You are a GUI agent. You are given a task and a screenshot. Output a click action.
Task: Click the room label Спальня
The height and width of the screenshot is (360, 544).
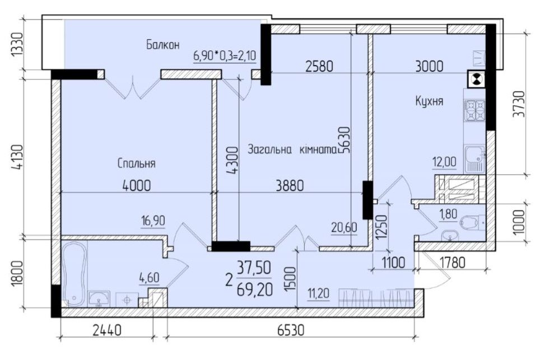pyautogui.click(x=136, y=163)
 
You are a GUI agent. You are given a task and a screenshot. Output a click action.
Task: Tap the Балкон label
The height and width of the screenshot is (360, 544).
pyautogui.click(x=163, y=45)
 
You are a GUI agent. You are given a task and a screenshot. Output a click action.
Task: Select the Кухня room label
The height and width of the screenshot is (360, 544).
pyautogui.click(x=429, y=101)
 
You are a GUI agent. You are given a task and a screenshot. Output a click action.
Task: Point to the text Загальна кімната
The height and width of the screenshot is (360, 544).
pyautogui.click(x=291, y=149)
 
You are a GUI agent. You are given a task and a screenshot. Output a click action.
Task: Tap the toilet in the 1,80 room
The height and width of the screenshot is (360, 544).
pyautogui.click(x=469, y=223)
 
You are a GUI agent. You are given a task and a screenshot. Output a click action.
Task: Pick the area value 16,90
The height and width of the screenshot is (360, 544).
pyautogui.click(x=152, y=221)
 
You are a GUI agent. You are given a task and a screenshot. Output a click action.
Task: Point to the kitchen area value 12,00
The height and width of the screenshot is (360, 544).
pyautogui.click(x=444, y=162)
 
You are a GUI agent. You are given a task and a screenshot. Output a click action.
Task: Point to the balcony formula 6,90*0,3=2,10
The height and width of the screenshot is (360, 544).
pyautogui.click(x=225, y=56)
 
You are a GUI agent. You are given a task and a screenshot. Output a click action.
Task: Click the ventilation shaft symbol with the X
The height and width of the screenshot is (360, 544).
pyautogui.click(x=477, y=79)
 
